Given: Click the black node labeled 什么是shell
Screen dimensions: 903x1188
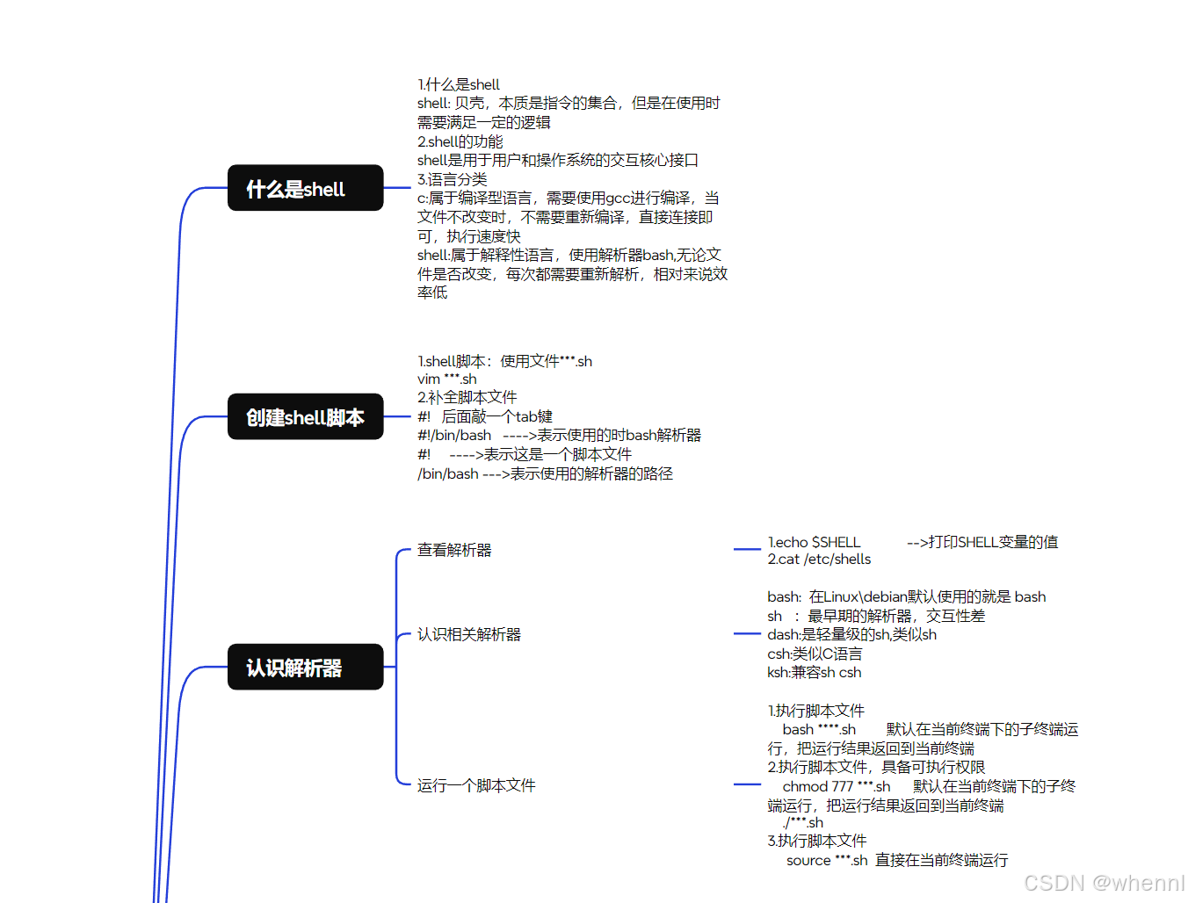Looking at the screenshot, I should point(305,188).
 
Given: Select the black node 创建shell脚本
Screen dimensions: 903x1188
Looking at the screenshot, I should point(305,416).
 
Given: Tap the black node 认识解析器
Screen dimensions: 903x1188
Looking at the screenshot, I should point(305,668).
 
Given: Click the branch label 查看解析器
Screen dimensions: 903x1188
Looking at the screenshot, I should point(454,550).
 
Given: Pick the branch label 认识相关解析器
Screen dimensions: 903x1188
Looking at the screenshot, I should point(469,634).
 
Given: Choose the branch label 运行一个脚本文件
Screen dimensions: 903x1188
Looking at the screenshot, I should point(476,785).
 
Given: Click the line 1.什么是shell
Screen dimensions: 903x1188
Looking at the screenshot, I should point(459,84).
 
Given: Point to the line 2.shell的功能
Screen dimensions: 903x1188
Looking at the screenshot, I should point(460,141).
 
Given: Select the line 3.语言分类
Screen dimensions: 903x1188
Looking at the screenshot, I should point(453,179).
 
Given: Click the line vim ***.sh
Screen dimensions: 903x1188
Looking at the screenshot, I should point(447,379).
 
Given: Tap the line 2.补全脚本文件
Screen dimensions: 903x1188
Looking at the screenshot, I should point(467,397).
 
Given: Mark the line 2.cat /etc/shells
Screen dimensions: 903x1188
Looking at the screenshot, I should point(819,560).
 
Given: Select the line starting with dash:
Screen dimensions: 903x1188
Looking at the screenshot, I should point(851,634).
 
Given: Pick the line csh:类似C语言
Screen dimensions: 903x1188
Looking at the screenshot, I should point(815,654).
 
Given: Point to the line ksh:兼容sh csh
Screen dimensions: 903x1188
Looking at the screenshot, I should point(814,672).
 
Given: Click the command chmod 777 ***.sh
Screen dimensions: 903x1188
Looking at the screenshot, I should point(837,786).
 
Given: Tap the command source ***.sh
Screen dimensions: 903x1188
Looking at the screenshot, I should point(827,860).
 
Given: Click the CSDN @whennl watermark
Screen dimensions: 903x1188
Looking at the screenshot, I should point(1104,883).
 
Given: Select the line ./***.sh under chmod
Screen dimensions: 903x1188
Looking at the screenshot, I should point(803,822).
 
